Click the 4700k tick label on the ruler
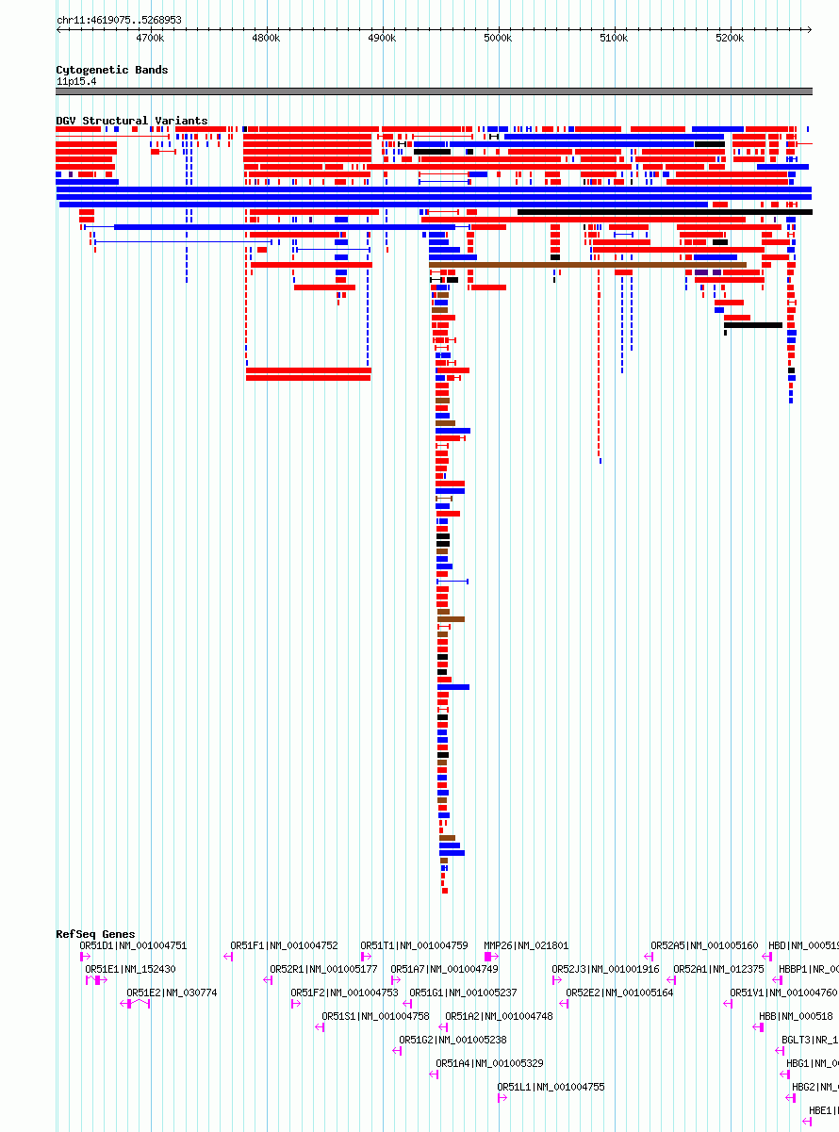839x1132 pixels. point(149,38)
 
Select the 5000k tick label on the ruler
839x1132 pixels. point(498,38)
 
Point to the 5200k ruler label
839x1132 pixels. point(730,38)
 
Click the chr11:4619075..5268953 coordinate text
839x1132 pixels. point(119,20)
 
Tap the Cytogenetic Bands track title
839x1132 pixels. point(111,70)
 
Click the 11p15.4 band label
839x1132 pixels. point(75,81)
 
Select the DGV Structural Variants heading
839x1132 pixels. point(131,121)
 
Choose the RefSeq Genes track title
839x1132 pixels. point(95,934)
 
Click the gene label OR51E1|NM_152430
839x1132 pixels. point(130,969)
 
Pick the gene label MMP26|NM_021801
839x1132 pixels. point(526,945)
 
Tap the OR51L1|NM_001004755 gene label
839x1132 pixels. point(551,1087)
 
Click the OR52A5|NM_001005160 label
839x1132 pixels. point(704,945)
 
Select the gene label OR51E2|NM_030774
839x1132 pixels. point(172,993)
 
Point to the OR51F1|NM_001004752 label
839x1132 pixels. point(284,945)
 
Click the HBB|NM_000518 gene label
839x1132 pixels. point(796,1016)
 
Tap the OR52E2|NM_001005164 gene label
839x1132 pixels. point(619,993)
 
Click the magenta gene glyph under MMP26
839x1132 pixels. point(490,957)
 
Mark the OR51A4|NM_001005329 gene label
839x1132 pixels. point(489,1063)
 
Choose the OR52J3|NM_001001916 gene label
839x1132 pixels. point(605,969)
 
